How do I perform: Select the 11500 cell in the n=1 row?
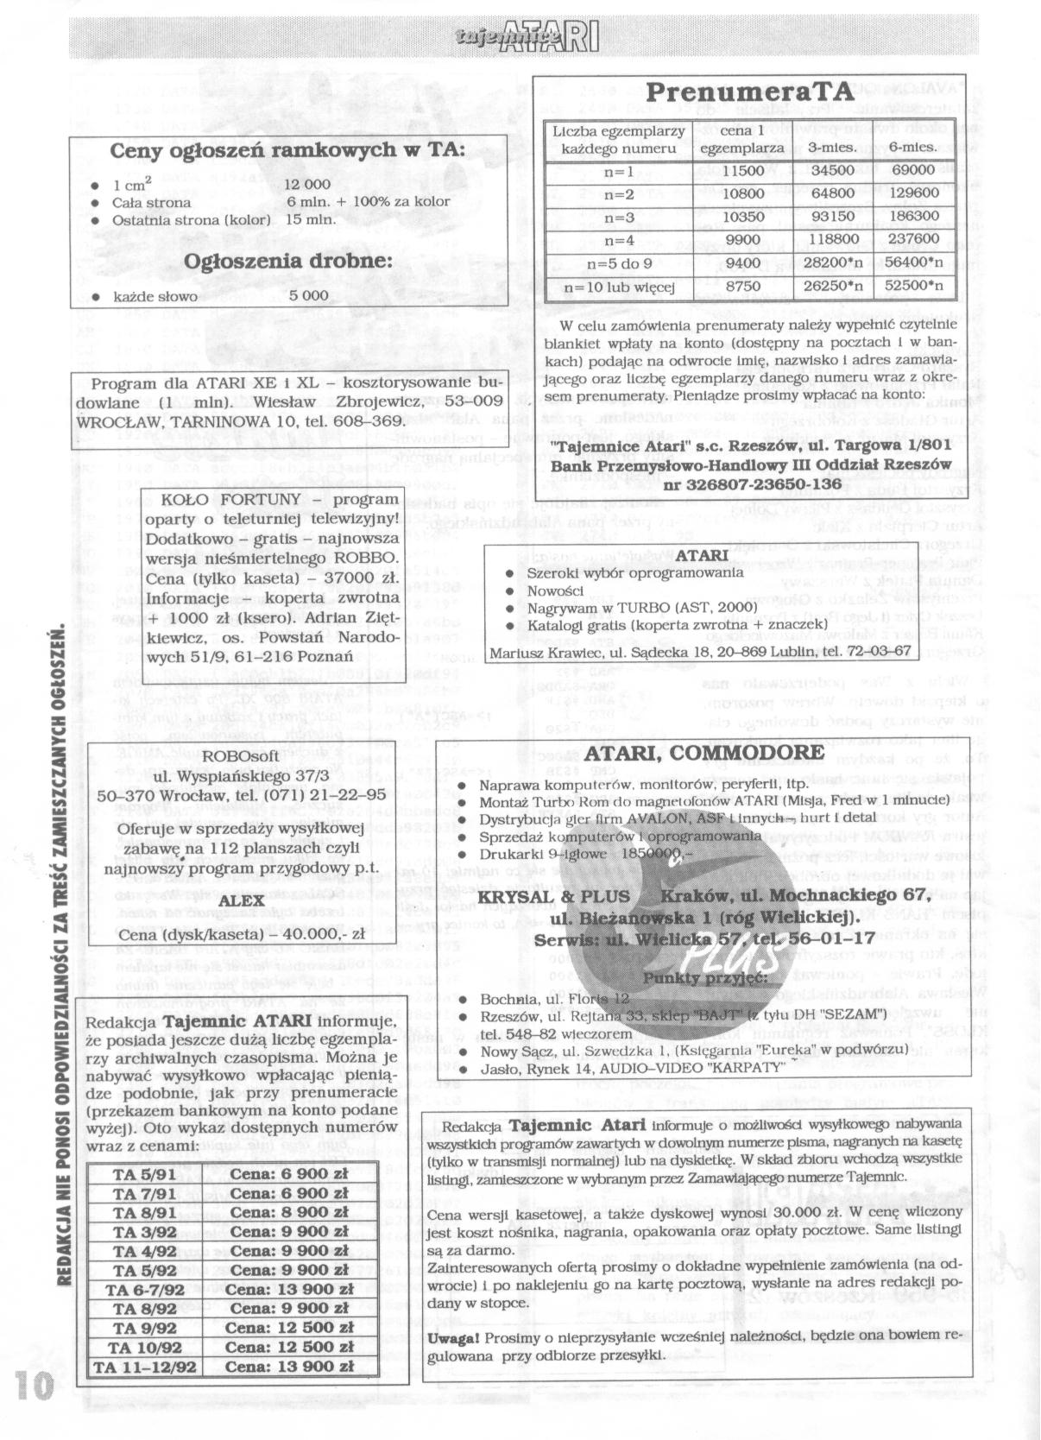(741, 171)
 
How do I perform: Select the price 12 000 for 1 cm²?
(307, 185)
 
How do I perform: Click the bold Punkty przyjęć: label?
(702, 977)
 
